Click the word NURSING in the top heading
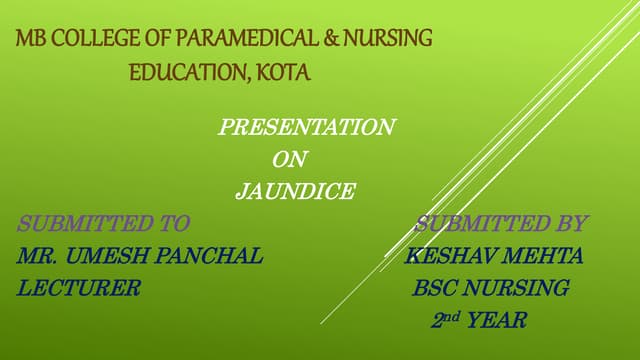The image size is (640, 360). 387,40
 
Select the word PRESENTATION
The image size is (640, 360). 306,127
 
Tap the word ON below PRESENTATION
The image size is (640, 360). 289,159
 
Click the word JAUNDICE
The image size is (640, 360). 294,191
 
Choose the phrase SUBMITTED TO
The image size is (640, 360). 103,223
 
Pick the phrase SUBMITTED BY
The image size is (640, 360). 501,223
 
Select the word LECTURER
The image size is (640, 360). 79,288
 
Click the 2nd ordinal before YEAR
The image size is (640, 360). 443,320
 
